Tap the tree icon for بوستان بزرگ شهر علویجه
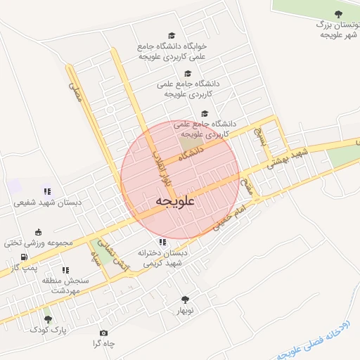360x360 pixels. pyautogui.click(x=339, y=13)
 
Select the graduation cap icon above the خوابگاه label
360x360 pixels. pyautogui.click(x=172, y=36)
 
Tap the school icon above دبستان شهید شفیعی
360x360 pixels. pyautogui.click(x=48, y=191)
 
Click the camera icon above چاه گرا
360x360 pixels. pyautogui.click(x=104, y=333)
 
